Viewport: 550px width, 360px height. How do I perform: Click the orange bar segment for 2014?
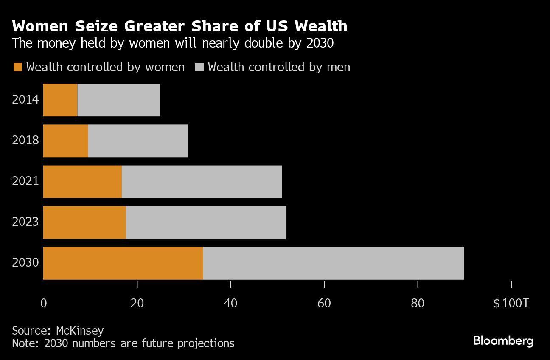point(60,100)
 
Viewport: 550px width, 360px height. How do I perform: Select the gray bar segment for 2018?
point(138,141)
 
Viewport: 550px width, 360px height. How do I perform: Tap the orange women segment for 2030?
point(123,263)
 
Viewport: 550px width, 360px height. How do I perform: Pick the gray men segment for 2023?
point(206,222)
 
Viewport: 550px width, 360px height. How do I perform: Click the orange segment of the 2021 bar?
point(82,181)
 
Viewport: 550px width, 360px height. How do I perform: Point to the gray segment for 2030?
point(333,263)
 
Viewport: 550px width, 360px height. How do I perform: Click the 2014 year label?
point(25,100)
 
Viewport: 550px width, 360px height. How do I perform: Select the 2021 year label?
point(25,181)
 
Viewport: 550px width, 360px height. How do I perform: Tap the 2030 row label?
point(25,263)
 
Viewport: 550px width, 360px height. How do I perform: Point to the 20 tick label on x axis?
point(137,304)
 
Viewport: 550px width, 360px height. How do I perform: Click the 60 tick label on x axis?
point(324,304)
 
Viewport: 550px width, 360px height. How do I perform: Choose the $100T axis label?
point(511,304)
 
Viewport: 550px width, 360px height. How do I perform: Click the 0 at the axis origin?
point(43,304)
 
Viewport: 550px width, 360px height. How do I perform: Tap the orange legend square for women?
point(17,67)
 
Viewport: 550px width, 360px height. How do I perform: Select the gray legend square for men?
point(199,67)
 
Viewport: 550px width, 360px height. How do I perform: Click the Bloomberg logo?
point(503,340)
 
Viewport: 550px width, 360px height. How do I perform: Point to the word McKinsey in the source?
point(79,331)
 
